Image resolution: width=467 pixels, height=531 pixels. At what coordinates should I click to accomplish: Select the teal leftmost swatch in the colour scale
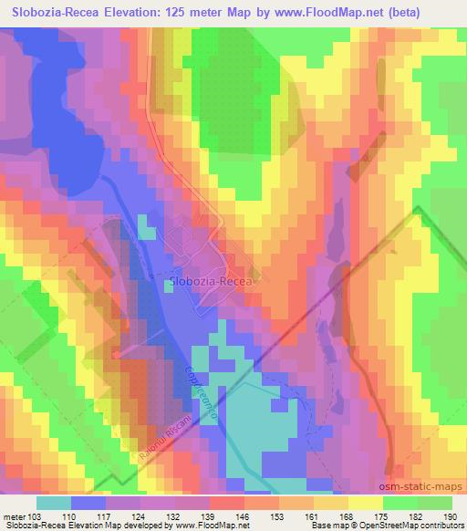pos(54,503)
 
